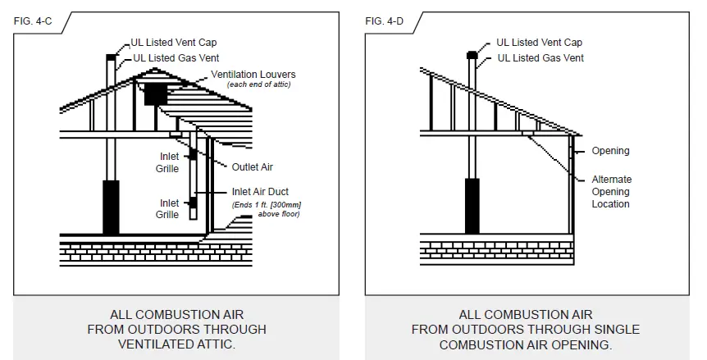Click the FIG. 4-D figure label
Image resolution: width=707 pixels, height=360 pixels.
pos(383,21)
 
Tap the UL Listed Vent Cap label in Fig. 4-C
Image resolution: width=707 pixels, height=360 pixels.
pos(174,43)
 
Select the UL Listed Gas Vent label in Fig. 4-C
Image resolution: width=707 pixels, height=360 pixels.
pos(174,57)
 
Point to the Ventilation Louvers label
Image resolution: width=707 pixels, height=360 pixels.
pos(253,75)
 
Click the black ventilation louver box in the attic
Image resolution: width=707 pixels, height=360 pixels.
pos(155,93)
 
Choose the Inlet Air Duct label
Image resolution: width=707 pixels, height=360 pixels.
pos(258,192)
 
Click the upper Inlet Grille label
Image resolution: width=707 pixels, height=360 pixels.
pos(167,162)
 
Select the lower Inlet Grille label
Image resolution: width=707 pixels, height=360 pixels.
pos(167,209)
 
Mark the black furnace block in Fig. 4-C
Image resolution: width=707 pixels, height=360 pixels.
pos(111,207)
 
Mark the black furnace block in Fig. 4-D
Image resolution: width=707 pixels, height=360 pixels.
pos(472,205)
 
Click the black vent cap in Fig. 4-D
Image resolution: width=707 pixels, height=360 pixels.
pos(472,54)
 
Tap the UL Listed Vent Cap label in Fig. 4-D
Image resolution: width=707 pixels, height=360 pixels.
pos(540,43)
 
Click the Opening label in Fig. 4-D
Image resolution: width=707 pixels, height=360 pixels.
pos(610,151)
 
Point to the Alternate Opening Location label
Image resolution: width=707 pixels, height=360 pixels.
pos(612,191)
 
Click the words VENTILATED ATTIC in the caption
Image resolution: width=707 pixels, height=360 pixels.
pos(176,344)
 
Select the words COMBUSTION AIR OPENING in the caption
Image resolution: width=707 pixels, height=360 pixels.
pos(526,344)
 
